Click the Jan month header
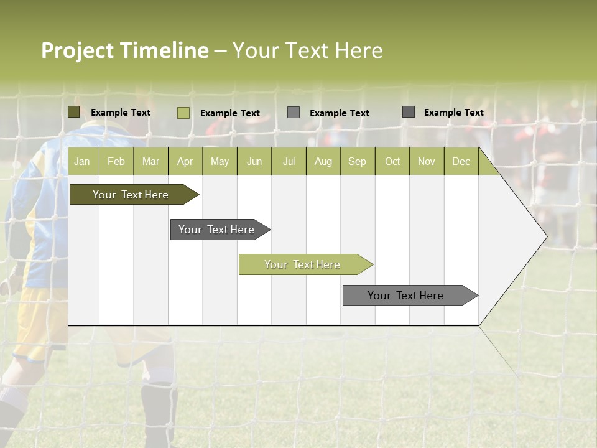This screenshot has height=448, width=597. [82, 162]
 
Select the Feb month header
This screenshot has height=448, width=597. [116, 162]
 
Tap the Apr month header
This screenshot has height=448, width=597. [185, 162]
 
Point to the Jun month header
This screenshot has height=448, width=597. [254, 162]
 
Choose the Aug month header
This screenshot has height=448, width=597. [323, 162]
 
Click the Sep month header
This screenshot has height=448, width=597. [357, 162]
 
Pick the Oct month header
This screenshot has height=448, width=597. [392, 162]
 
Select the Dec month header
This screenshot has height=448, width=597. [461, 162]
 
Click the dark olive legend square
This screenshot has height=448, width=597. [74, 112]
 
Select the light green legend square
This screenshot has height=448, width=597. [183, 113]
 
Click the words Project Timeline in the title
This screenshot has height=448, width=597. [124, 50]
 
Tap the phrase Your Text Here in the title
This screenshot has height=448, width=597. [307, 50]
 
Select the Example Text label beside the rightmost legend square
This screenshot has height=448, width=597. [453, 113]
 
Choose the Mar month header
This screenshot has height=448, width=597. [150, 162]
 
